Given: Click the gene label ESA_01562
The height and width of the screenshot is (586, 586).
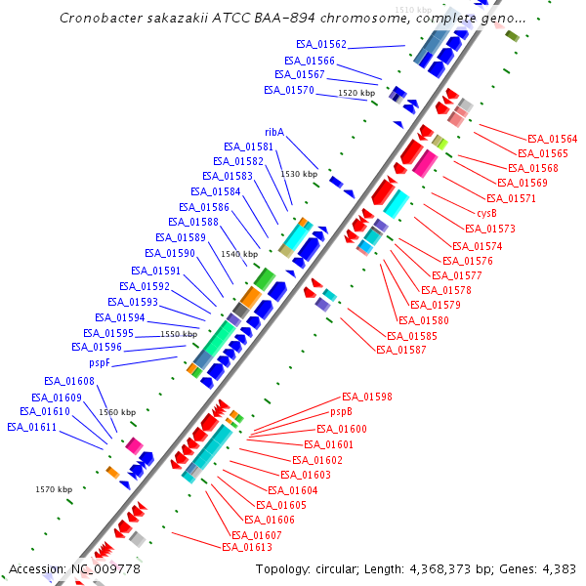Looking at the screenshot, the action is click(321, 45).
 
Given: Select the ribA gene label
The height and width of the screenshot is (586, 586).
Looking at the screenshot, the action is click(273, 132).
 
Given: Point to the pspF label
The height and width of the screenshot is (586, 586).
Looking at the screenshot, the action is click(100, 362).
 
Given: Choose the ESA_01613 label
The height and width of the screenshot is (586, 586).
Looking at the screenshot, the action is click(246, 547).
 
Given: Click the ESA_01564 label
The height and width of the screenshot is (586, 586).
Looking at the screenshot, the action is click(552, 139).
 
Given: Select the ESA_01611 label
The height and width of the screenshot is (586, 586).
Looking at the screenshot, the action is click(31, 427).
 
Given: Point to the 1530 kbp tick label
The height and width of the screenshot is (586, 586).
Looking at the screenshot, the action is click(299, 174).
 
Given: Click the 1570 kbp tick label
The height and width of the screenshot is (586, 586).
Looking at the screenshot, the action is click(54, 489).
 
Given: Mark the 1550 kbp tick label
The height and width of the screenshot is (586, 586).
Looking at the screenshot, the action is click(179, 334).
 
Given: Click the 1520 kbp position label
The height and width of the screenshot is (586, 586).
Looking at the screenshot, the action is click(356, 93).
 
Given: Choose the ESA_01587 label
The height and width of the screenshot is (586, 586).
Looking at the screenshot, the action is click(400, 350).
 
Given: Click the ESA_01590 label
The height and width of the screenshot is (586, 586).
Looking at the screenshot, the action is click(170, 253).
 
